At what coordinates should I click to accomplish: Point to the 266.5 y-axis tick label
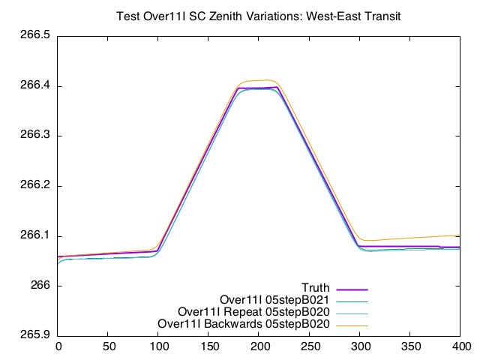[x=34, y=36]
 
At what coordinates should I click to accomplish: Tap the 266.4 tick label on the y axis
[x=34, y=86]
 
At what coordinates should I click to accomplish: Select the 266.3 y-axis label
[x=34, y=136]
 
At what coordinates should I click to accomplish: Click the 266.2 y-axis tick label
[x=34, y=186]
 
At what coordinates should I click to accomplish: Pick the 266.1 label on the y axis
[x=34, y=235]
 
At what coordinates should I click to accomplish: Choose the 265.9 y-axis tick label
[x=34, y=335]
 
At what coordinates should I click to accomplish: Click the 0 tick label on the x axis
[x=58, y=346]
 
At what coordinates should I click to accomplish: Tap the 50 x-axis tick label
[x=109, y=346]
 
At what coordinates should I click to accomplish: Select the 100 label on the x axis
[x=159, y=346]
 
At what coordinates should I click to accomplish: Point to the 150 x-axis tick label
[x=210, y=346]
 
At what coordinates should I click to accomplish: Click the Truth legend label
[x=316, y=288]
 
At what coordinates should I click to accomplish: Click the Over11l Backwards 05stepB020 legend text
[x=244, y=324]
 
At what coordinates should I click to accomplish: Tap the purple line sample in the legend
[x=352, y=289]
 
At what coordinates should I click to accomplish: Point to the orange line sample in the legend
[x=352, y=325]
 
